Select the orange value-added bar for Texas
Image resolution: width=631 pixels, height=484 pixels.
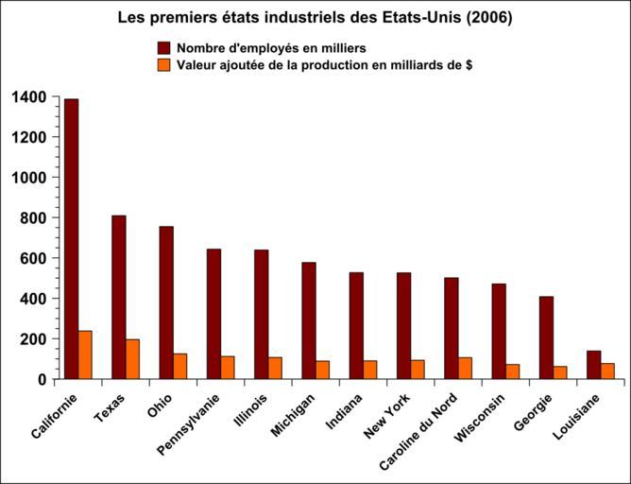(132, 359)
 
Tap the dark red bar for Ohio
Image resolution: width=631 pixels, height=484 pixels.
(166, 302)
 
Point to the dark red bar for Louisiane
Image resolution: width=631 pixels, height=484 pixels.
(593, 365)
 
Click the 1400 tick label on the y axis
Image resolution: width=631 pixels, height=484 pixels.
(29, 96)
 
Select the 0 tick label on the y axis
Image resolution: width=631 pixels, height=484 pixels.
(43, 379)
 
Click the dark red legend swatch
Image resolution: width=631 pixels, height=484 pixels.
(162, 47)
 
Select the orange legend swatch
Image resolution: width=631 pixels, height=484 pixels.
(162, 64)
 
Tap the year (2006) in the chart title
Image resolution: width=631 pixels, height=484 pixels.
(491, 17)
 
